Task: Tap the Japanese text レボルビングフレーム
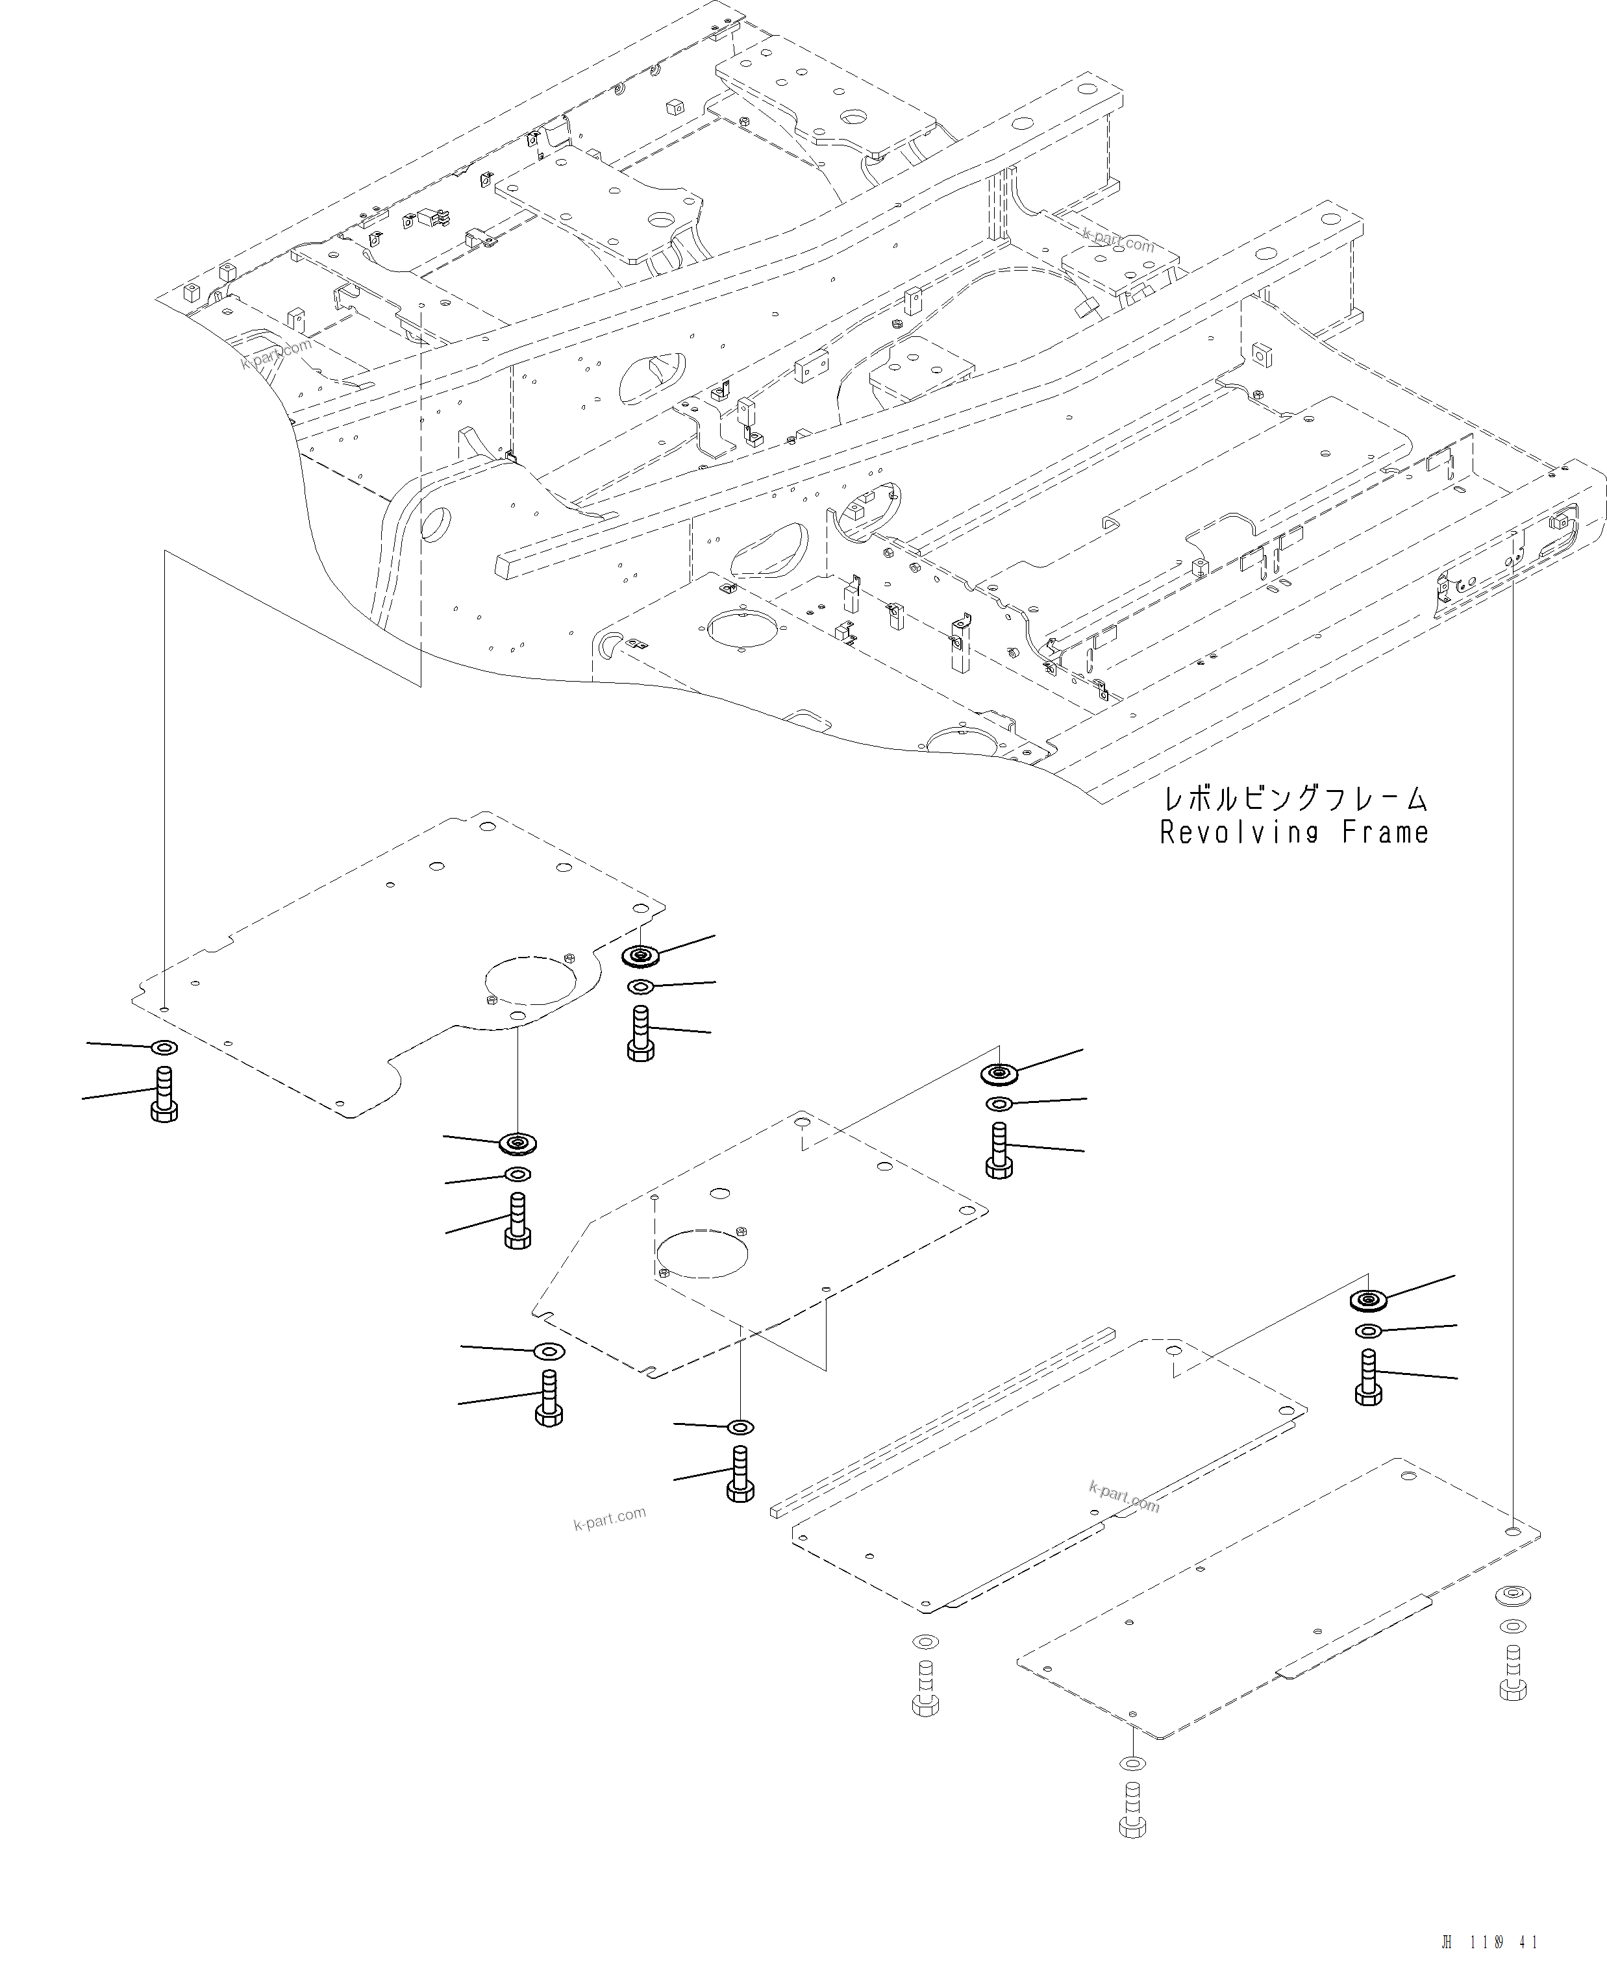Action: point(1294,798)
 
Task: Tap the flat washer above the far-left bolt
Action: point(164,1048)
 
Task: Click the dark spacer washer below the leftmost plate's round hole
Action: point(517,1144)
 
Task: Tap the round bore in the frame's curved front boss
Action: point(435,524)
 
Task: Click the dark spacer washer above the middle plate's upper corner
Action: point(999,1074)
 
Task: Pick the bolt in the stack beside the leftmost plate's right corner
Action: point(641,1034)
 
